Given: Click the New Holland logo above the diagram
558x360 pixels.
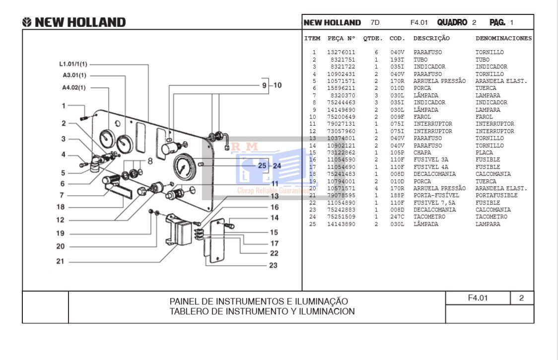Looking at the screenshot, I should tap(74, 22).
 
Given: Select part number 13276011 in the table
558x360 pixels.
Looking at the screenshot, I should tap(341, 52).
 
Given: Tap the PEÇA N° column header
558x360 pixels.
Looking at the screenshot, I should tap(342, 38).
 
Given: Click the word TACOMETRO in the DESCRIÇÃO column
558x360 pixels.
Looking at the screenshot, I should tap(429, 217).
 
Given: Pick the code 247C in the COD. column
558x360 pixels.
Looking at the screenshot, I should tap(397, 217).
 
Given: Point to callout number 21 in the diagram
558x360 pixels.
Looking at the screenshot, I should tap(60, 262).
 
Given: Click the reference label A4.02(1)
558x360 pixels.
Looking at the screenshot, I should tap(74, 88).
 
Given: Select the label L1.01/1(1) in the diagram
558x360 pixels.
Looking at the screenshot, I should tap(73, 64).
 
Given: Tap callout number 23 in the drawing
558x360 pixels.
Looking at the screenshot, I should tap(273, 265).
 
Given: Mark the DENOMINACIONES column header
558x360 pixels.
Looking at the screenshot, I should tap(503, 38).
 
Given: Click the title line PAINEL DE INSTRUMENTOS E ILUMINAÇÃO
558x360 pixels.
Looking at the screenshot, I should tap(259, 301).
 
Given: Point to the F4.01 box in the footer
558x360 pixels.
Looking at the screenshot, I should tap(478, 298).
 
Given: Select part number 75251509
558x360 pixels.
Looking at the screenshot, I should tap(341, 217).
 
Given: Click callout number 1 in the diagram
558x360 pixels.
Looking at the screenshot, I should tap(64, 105).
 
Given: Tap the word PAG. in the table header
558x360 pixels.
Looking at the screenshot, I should tap(497, 22).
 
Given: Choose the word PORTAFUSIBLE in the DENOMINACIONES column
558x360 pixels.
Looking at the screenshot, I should tap(496, 196).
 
